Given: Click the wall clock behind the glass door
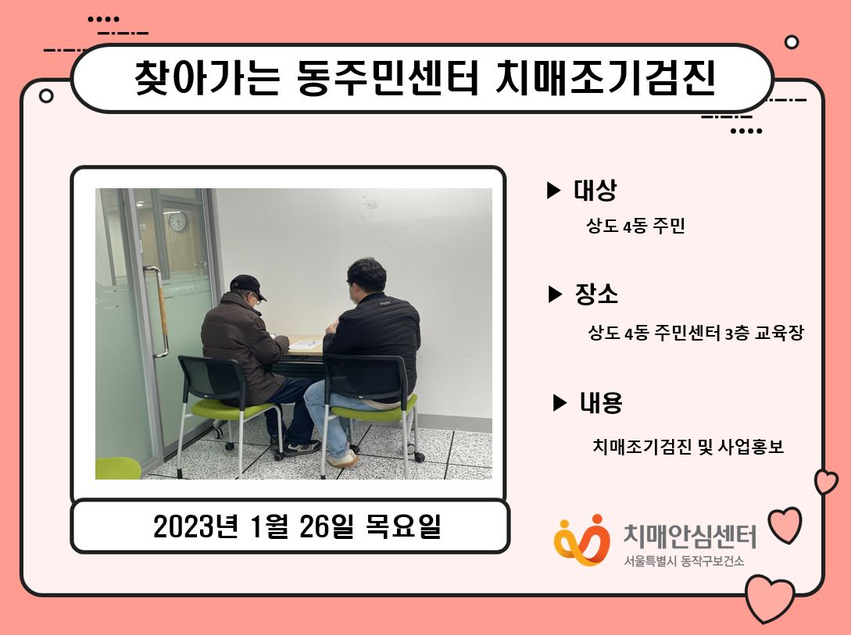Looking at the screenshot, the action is pos(177,221).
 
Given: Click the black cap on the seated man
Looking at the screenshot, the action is pos(248,286).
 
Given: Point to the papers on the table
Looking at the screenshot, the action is pos(305,344).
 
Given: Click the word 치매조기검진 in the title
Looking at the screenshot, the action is pos(605,77).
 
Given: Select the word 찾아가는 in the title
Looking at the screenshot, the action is pos(207,77).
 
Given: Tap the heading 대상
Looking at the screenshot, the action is pos(595,190).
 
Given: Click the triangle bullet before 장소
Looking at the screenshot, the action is pos(555,294).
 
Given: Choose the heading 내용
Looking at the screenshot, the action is pos(601,402).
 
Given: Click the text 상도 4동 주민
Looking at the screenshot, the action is pos(635,226).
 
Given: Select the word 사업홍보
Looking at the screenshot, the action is pos(751,446).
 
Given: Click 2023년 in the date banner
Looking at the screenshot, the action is pos(196,526).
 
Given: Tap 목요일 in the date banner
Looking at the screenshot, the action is pos(402,526).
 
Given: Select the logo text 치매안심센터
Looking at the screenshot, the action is pos(689,536).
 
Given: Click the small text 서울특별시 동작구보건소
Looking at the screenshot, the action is pos(684,561).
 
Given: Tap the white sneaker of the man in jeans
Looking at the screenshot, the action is pos(342,458).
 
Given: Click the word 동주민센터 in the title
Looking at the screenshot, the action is pos(388,77).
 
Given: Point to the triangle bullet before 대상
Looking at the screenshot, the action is pos(553,191).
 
